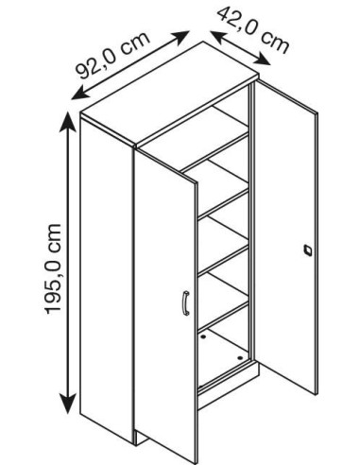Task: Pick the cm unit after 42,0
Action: point(274,43)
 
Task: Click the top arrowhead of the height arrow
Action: point(68,118)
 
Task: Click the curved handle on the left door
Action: point(185,303)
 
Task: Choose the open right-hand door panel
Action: point(288,236)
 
